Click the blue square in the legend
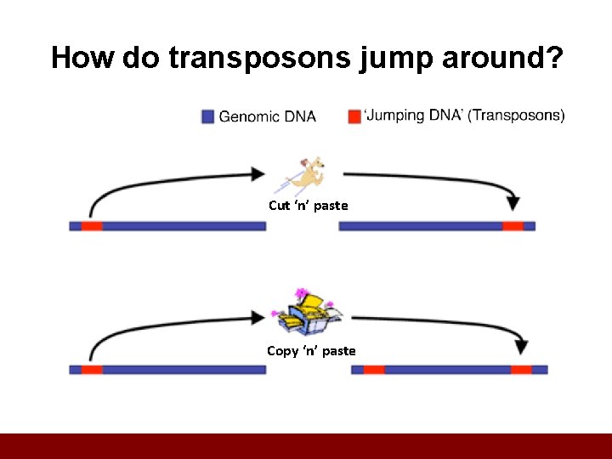point(207,116)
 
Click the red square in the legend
point(354,116)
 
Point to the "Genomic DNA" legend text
point(267,116)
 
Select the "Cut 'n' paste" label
point(308,205)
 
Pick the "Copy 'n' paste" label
point(311,350)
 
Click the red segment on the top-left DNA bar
point(92,226)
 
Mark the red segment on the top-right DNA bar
point(513,226)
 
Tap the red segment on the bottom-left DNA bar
point(92,370)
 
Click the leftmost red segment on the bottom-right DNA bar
point(374,370)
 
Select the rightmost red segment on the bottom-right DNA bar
point(521,370)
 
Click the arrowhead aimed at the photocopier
point(258,318)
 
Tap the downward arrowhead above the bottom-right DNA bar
point(521,347)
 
